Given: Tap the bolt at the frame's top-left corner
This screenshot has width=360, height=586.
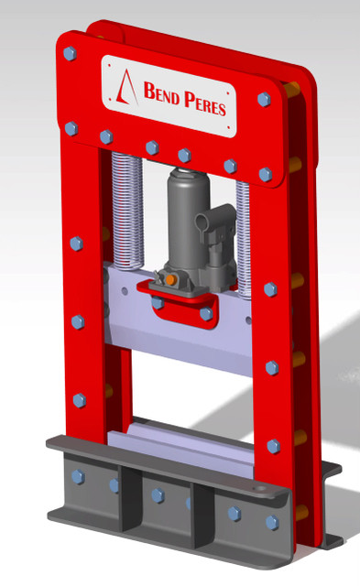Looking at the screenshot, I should (70, 55).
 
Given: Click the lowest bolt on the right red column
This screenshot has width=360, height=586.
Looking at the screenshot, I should (273, 446).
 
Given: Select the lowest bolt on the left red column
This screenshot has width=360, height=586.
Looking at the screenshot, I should (79, 400).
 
